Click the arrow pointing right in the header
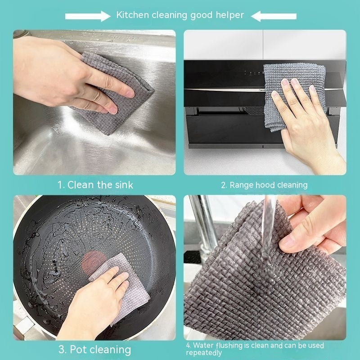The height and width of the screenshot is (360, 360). click(x=88, y=16)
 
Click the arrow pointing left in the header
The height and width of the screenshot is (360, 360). click(x=274, y=16)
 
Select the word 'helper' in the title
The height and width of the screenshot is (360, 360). click(x=229, y=15)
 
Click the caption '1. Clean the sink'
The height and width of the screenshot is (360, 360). click(x=95, y=184)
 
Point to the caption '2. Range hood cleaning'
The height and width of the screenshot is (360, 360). click(x=264, y=185)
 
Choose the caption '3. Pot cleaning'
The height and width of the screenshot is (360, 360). click(x=94, y=350)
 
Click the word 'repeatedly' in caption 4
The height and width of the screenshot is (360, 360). click(x=204, y=353)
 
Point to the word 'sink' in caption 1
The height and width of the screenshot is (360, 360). click(x=124, y=184)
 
